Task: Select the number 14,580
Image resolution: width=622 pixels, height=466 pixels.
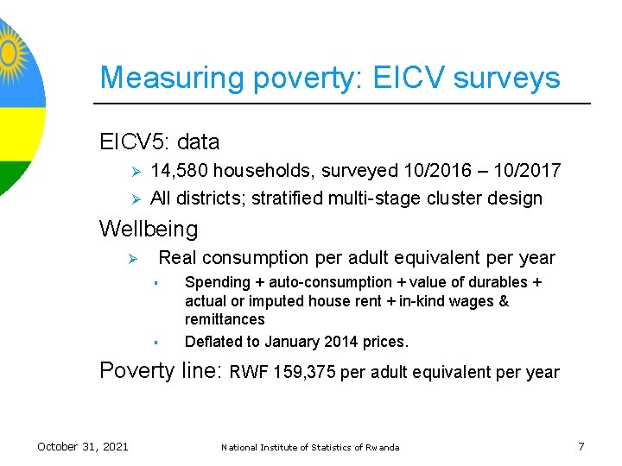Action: [x=177, y=171]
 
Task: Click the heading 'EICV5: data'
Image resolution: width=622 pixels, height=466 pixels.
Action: [x=160, y=142]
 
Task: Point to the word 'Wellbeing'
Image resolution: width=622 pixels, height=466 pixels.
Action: [x=149, y=229]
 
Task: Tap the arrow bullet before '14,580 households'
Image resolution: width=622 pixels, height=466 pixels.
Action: [x=134, y=172]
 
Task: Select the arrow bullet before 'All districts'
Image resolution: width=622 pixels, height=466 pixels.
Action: [x=134, y=199]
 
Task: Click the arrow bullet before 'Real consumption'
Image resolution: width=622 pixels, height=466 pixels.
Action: [x=134, y=259]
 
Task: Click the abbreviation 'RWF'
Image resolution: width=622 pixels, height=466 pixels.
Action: [x=248, y=373]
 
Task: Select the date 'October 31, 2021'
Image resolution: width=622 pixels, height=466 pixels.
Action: [x=83, y=446]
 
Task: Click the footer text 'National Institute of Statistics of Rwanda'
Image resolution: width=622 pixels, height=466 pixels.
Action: [x=310, y=447]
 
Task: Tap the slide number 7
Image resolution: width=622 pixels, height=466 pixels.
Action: [x=581, y=446]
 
